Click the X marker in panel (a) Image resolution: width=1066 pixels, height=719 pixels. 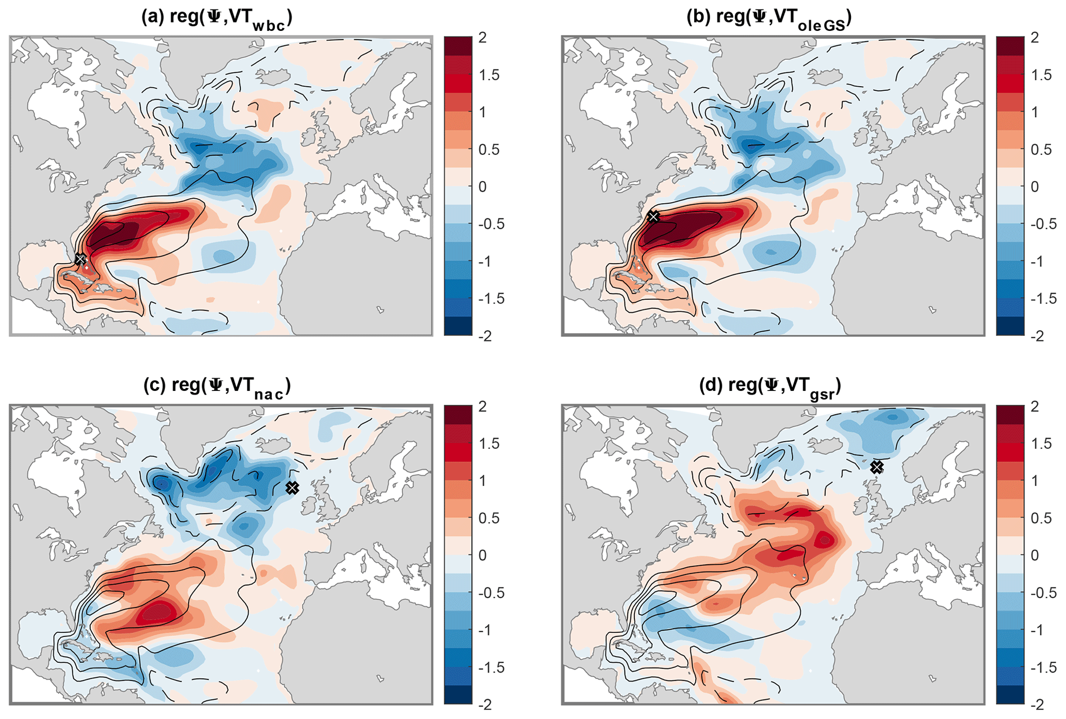[80, 259]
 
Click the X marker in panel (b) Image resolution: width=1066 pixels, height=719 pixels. [653, 216]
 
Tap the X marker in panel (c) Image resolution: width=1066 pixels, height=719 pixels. [292, 487]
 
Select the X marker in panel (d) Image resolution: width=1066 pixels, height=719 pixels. [877, 467]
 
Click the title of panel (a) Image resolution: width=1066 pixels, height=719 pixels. [217, 19]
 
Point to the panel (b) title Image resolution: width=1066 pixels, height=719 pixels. [769, 19]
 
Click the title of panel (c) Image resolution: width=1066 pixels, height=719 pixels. [217, 387]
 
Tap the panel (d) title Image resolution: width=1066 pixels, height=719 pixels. [770, 387]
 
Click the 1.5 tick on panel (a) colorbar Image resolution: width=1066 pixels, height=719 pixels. [488, 75]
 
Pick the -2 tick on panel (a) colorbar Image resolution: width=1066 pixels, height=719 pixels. [485, 336]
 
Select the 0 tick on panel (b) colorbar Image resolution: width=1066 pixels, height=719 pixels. [1035, 187]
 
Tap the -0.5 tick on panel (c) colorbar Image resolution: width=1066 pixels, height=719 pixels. [490, 593]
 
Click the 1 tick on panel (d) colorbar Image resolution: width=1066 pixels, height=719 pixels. [1035, 481]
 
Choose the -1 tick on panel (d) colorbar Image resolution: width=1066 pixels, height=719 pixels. [1038, 630]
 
